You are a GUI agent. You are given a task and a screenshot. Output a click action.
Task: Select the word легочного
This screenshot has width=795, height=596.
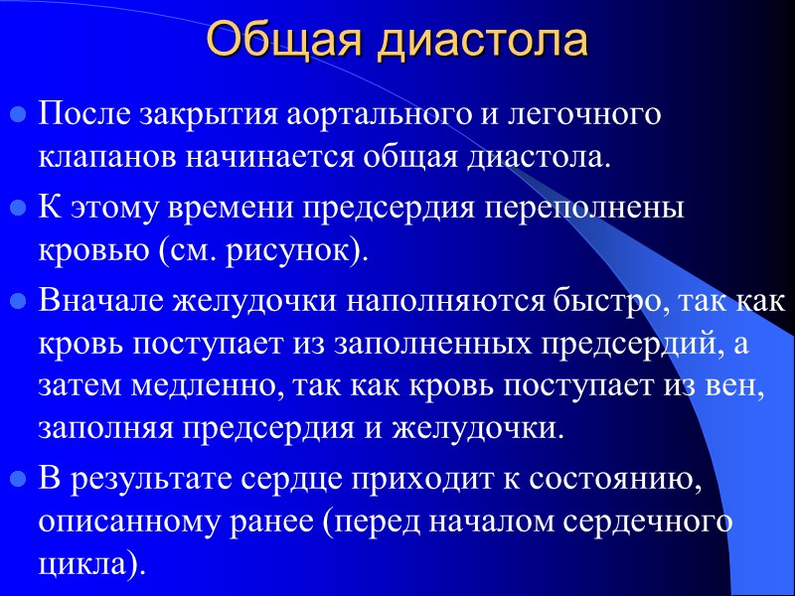[584, 115]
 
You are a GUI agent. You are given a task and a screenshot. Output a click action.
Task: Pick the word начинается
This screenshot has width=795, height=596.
[266, 156]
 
